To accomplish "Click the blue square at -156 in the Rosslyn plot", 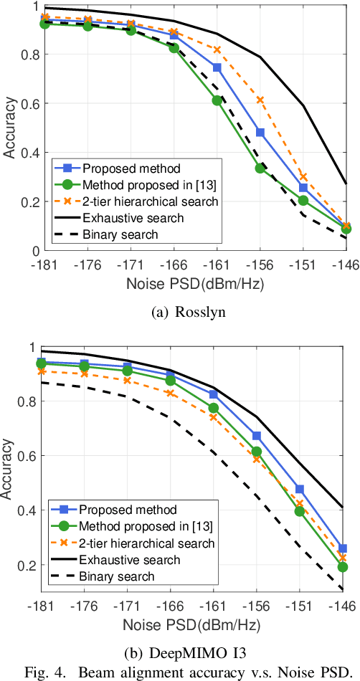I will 260,133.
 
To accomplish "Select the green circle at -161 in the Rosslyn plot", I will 217,100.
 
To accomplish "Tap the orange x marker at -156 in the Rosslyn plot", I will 260,100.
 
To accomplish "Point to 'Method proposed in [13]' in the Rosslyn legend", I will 140,185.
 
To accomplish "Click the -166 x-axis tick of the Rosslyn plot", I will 174,264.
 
